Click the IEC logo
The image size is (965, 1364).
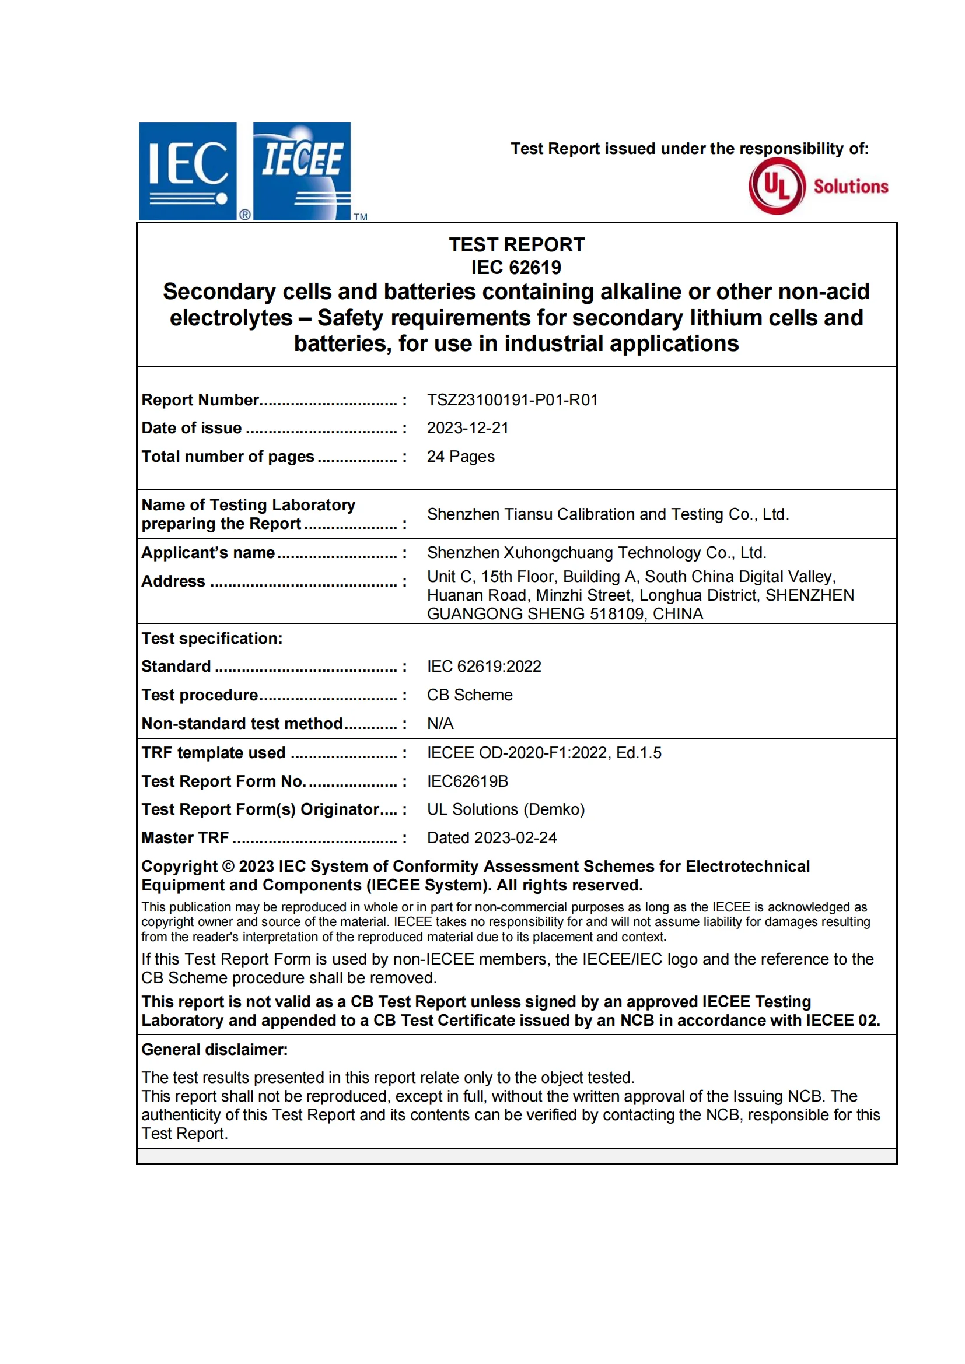click(x=188, y=171)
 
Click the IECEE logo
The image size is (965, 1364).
click(x=302, y=171)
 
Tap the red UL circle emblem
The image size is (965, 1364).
click(x=777, y=186)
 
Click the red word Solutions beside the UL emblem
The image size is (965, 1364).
click(x=851, y=187)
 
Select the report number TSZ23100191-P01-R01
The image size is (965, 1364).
click(x=512, y=400)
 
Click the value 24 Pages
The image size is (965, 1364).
click(x=460, y=456)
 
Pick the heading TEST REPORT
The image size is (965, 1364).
click(x=516, y=244)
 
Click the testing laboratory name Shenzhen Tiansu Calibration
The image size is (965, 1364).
click(x=607, y=514)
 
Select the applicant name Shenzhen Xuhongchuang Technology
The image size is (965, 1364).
click(x=597, y=552)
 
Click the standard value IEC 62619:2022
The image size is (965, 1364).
click(x=484, y=666)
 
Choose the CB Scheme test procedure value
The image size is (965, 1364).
click(x=470, y=695)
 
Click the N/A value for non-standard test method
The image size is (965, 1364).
click(x=440, y=723)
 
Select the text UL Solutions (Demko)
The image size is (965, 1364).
click(x=506, y=809)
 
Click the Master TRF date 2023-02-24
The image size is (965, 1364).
click(x=515, y=837)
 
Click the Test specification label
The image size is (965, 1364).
click(x=212, y=638)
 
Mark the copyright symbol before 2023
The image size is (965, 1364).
click(x=228, y=866)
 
